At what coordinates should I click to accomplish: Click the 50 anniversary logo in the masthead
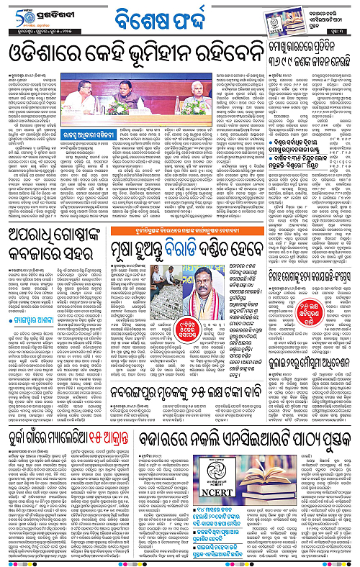(x=16, y=14)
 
